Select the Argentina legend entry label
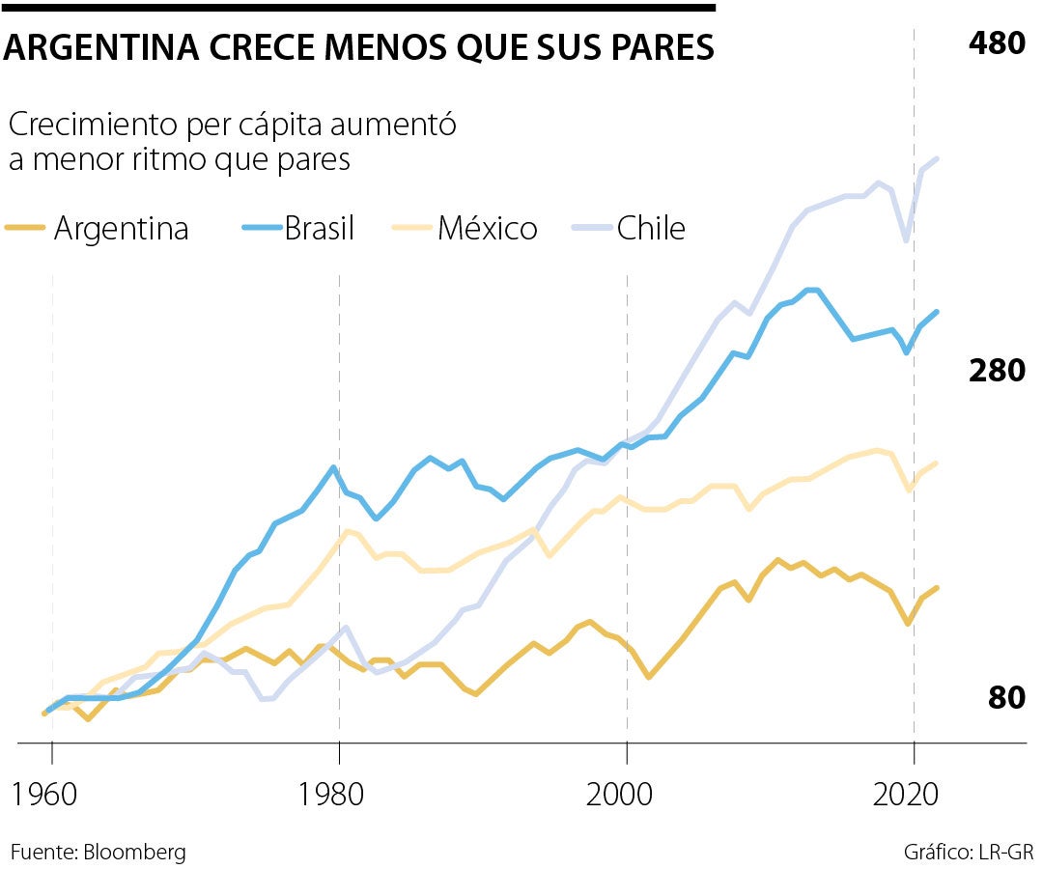point(121,229)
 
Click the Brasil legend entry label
point(319,229)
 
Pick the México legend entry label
point(487,229)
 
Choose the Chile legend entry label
point(651,229)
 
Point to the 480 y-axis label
point(996,43)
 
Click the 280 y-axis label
point(996,371)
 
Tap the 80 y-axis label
point(1006,697)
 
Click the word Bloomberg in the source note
point(134,853)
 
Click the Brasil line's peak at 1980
point(333,467)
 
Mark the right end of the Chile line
point(937,158)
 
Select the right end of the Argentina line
point(937,587)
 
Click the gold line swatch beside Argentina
point(24,229)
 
